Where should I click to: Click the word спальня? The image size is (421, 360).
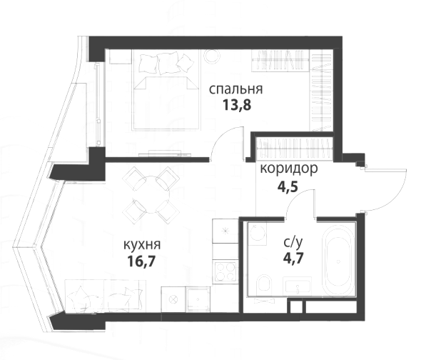[x=235, y=89]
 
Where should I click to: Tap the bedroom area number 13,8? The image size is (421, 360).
[x=236, y=105]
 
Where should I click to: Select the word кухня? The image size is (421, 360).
[x=142, y=245]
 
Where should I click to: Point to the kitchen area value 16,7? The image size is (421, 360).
[x=141, y=261]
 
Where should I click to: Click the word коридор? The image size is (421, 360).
[x=289, y=169]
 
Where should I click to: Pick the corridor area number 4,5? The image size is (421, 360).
[x=288, y=186]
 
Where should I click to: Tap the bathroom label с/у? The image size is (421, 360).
[x=293, y=243]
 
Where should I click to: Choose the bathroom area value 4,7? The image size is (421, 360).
[x=293, y=258]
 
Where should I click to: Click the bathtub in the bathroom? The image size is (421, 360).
[x=338, y=261]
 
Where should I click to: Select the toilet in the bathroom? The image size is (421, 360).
[x=263, y=286]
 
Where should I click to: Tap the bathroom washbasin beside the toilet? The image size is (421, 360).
[x=298, y=286]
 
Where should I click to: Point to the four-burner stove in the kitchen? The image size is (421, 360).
[x=225, y=271]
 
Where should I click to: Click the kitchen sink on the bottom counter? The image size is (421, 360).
[x=198, y=299]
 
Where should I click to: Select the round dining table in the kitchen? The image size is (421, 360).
[x=153, y=195]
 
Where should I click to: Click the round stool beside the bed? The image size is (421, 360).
[x=212, y=56]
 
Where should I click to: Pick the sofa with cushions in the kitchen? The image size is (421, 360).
[x=106, y=296]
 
